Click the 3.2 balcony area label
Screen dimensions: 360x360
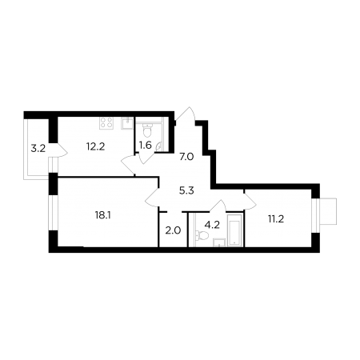click(x=38, y=149)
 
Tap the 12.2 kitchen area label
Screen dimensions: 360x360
click(x=95, y=146)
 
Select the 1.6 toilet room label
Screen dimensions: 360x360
click(x=146, y=146)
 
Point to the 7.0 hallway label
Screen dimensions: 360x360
click(x=186, y=157)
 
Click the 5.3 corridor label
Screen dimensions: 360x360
click(x=186, y=191)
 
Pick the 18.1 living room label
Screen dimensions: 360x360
click(x=102, y=215)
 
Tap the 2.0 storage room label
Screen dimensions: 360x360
click(x=173, y=230)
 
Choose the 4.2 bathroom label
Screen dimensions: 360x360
click(x=212, y=225)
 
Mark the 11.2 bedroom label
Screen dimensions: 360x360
click(x=276, y=219)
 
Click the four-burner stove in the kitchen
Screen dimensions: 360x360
click(x=106, y=123)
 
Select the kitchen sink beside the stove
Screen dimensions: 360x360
click(x=127, y=123)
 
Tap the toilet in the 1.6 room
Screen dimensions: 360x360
click(x=147, y=130)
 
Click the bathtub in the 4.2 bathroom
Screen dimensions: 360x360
click(x=234, y=230)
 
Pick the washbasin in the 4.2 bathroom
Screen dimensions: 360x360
click(x=219, y=242)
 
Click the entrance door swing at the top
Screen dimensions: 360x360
click(x=186, y=114)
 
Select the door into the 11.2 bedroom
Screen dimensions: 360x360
click(x=250, y=202)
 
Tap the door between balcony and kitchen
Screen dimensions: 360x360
click(x=62, y=150)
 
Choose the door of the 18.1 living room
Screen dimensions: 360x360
click(x=152, y=197)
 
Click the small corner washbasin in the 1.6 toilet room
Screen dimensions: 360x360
click(x=158, y=146)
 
